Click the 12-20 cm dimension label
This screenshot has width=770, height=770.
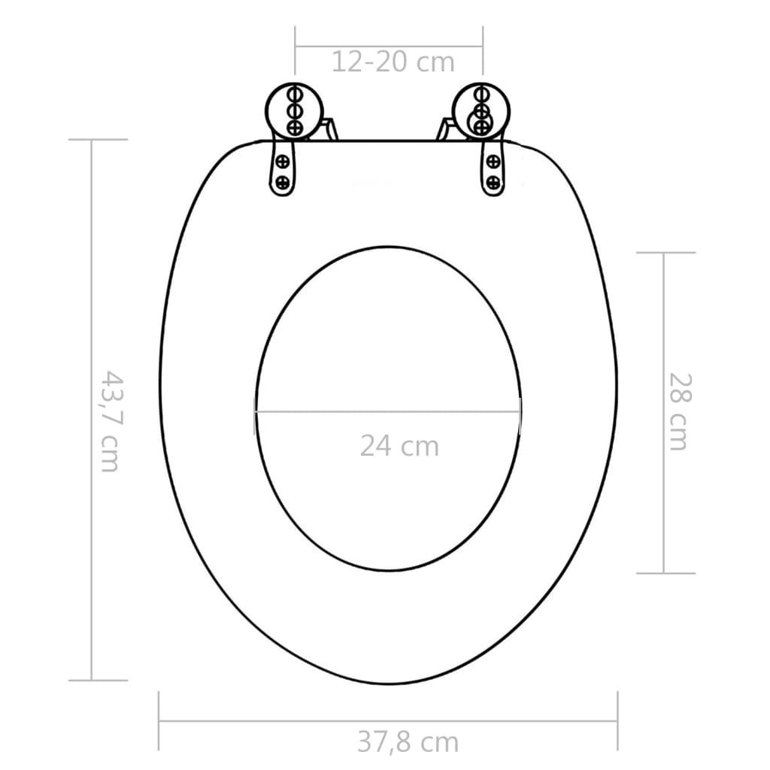click(393, 62)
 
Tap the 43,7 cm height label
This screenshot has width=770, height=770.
click(110, 420)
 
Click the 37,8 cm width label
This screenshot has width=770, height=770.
click(407, 742)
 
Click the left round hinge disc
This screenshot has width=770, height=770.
click(294, 110)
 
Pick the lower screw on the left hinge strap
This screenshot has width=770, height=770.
click(283, 181)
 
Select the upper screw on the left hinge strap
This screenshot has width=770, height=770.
click(283, 160)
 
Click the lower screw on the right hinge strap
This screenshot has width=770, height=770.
click(493, 181)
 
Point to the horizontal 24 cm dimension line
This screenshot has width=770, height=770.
click(387, 411)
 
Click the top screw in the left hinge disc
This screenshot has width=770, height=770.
click(294, 95)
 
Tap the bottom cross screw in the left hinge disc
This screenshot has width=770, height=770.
click(294, 126)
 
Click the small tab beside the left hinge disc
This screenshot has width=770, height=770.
click(328, 129)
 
